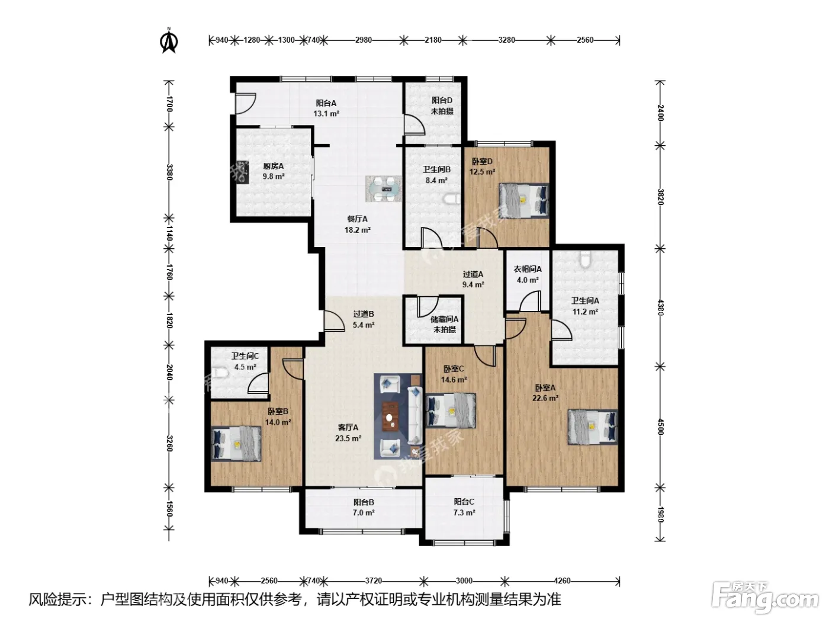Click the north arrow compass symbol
169,41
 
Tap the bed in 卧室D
524,201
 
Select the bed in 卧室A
593,427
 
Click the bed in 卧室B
236,444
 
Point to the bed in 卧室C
451,411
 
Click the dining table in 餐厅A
383,189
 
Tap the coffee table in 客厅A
390,416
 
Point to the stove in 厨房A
242,172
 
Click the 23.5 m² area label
348,438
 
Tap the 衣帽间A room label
527,270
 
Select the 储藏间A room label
445,319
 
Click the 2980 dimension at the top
364,40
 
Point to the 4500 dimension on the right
660,427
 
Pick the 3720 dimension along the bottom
374,581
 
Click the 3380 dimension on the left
169,172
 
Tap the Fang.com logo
765,598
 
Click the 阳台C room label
464,502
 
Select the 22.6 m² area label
545,398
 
